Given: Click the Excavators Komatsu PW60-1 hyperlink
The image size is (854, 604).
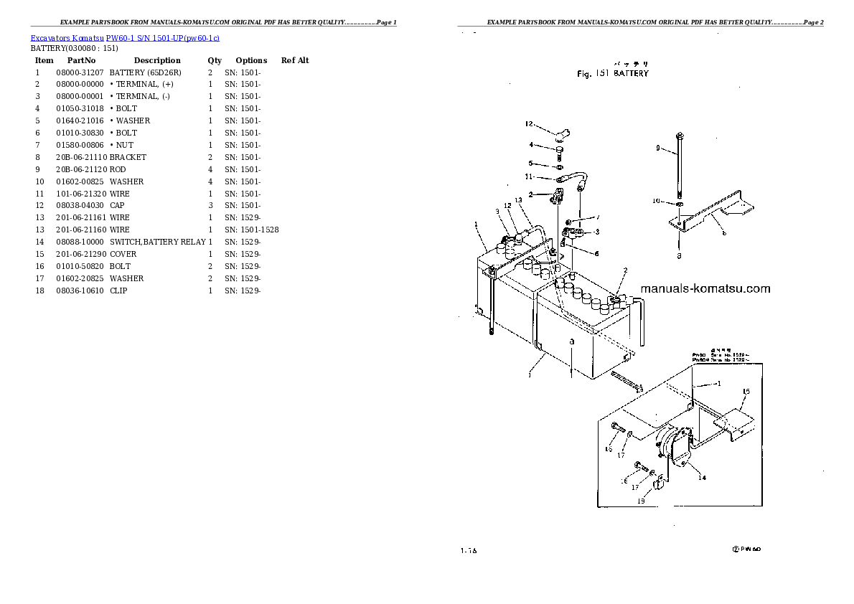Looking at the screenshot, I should [125, 37].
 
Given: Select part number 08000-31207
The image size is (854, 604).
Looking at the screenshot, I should [80, 72].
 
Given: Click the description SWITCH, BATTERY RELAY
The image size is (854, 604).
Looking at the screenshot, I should [157, 242].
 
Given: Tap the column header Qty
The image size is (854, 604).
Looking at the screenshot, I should [215, 60].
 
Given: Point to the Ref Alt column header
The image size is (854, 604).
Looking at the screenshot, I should [295, 60].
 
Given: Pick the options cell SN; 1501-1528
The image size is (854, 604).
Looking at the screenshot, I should [252, 230].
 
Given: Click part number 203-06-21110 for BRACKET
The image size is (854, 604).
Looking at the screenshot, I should [81, 157].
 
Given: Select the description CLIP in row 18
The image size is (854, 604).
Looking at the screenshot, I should [118, 291].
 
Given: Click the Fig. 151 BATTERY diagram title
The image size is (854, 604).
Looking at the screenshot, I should [613, 73].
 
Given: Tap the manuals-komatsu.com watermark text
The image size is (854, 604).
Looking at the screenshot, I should [704, 289].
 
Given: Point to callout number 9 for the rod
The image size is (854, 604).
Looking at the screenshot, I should [656, 148].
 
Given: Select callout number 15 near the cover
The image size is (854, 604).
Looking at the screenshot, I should [746, 392].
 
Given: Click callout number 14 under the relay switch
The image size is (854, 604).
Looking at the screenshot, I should [702, 477].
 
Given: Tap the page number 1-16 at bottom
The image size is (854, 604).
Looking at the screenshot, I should [469, 551].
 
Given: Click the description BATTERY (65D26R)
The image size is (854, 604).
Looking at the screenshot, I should [145, 72].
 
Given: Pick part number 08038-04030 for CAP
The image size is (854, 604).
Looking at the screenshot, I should [80, 205].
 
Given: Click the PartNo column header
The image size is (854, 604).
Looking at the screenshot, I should [81, 60].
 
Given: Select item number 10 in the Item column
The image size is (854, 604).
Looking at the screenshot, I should [39, 181].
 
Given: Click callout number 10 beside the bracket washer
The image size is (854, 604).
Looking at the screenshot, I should [656, 202].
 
